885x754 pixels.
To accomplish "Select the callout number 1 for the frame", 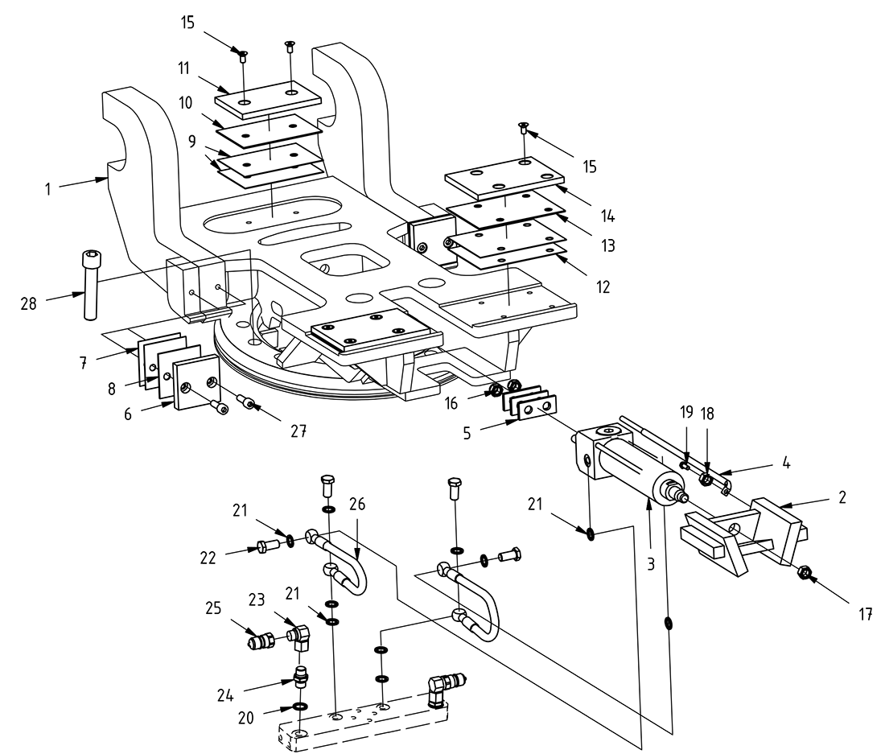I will coord(48,191).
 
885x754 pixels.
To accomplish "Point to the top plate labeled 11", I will coord(268,99).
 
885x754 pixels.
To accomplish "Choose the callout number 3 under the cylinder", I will coord(651,564).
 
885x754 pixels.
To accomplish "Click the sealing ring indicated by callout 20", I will coord(300,707).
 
